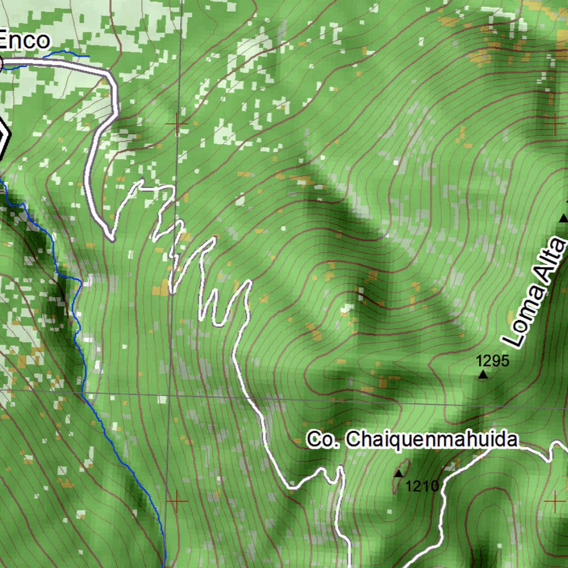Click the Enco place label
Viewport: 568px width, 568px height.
click(x=24, y=40)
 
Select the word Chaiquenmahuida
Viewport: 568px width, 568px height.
click(x=432, y=440)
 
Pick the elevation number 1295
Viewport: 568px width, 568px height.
click(x=493, y=361)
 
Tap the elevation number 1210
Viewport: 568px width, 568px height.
click(x=422, y=486)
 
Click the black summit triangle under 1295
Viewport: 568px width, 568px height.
click(x=483, y=376)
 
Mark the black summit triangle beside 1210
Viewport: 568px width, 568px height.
click(x=398, y=474)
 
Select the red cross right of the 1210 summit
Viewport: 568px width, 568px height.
click(x=554, y=501)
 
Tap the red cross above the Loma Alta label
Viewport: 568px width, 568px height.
click(x=554, y=124)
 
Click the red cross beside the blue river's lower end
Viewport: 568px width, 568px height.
click(x=177, y=501)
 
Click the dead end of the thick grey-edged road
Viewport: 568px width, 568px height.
click(x=112, y=239)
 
